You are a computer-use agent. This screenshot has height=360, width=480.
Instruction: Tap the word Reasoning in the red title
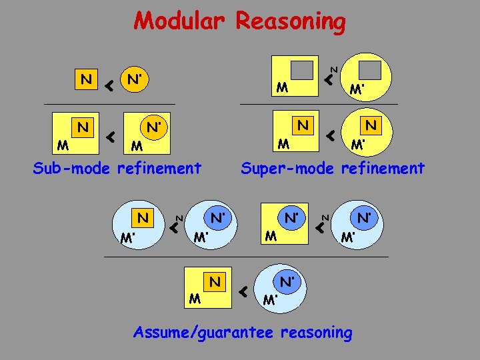point(291,22)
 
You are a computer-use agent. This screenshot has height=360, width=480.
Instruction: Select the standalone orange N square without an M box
point(85,80)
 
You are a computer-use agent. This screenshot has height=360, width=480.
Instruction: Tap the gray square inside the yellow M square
point(302,70)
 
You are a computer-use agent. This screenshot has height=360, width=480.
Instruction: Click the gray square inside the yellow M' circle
point(370,69)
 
